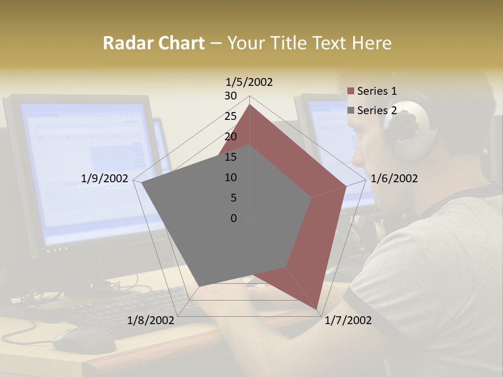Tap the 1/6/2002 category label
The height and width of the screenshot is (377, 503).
[394, 179]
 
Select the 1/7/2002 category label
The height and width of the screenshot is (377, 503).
[348, 320]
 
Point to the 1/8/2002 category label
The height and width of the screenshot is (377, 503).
[151, 320]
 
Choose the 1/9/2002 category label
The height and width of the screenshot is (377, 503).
[104, 179]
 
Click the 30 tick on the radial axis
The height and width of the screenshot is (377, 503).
[231, 96]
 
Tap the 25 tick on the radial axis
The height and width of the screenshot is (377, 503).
[231, 116]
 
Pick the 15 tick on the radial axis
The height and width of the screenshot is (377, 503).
[231, 157]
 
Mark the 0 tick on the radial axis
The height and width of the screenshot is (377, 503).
[234, 218]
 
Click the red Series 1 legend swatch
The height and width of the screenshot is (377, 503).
[351, 91]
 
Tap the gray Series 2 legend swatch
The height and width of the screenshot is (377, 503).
[351, 110]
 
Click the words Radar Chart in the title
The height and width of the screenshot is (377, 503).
[154, 43]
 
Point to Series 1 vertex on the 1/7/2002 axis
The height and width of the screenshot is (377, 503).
[317, 309]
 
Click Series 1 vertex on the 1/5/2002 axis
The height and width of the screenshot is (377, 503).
[249, 105]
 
